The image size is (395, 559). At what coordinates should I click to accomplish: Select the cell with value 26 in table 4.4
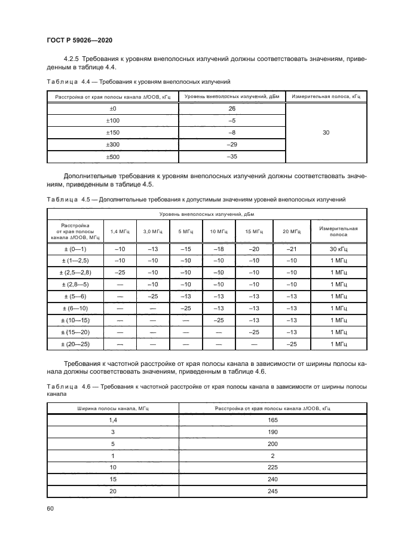coord(232,109)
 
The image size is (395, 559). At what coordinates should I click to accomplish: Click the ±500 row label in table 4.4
coord(112,157)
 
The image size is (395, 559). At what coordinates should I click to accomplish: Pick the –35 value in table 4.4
coord(232,157)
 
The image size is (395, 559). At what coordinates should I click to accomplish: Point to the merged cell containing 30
coord(326,133)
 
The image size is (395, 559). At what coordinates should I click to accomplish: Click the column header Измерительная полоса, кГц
coord(326,96)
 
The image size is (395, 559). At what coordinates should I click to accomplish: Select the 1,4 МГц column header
coord(120,231)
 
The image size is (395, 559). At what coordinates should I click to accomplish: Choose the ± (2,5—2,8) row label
coord(75,272)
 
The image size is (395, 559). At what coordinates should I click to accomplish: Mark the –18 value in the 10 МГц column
coord(221,248)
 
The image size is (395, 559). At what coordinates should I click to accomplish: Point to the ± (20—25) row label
coord(75,344)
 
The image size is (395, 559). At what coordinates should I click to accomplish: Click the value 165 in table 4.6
coord(273,420)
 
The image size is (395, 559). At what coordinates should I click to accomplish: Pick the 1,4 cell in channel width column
coord(112,420)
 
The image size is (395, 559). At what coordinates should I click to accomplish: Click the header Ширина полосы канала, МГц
coord(112,408)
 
